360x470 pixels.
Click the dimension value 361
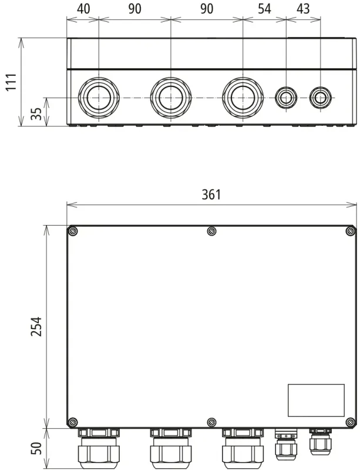[211, 194]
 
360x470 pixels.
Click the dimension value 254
[37, 327]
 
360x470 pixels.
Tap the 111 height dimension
[12, 82]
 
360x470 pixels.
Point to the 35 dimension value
[37, 114]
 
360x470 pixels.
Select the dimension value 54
[264, 9]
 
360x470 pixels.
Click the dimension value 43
[303, 9]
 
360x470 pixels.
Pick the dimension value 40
[83, 9]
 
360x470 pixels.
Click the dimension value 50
[37, 448]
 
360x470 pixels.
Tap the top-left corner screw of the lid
[73, 231]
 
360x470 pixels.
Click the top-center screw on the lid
[211, 231]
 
